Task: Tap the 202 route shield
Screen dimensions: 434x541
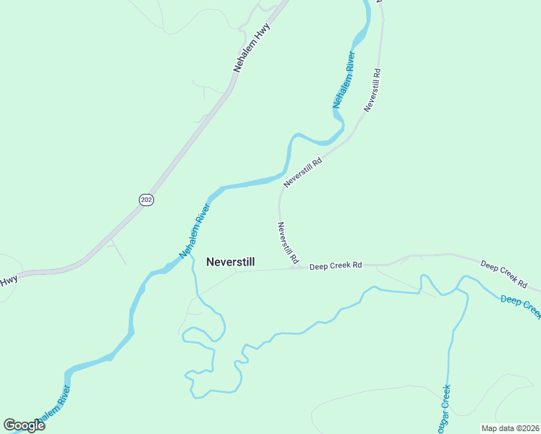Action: tap(146, 200)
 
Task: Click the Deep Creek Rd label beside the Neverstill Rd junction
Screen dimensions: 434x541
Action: tap(335, 266)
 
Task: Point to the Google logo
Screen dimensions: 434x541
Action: tap(24, 425)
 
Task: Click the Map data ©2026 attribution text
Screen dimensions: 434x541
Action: tap(510, 427)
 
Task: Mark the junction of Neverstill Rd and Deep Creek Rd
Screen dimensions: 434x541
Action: tap(295, 267)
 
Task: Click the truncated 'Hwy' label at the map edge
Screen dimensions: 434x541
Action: tap(8, 281)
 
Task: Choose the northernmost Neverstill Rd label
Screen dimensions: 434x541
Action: tap(372, 90)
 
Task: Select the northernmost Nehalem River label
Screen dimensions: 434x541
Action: tap(344, 80)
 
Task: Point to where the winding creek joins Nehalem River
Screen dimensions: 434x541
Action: tap(192, 255)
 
